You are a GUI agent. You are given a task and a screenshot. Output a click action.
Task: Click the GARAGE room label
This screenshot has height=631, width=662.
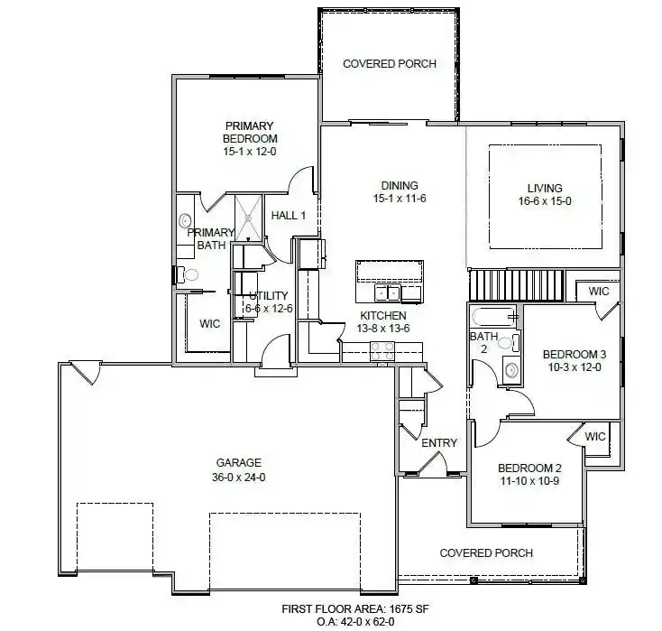(x=238, y=463)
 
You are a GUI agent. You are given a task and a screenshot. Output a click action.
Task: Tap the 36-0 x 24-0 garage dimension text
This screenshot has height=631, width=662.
(x=238, y=478)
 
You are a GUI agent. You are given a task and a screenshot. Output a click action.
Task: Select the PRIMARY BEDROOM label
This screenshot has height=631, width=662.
(x=250, y=133)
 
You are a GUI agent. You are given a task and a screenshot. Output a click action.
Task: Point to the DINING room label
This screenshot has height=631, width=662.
(x=400, y=186)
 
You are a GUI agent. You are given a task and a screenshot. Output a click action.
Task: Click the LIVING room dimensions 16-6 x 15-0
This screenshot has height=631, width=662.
(x=545, y=201)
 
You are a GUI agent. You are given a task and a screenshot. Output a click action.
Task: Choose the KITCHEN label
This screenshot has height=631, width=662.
(x=383, y=316)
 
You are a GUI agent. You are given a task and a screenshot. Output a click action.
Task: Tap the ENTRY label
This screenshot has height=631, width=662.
(x=439, y=443)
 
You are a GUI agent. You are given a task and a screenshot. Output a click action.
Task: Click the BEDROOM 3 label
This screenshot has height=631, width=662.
(x=575, y=354)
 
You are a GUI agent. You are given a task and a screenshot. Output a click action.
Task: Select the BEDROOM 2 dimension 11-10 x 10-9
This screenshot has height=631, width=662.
(x=529, y=481)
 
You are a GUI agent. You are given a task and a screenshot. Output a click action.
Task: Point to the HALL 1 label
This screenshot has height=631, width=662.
(x=289, y=216)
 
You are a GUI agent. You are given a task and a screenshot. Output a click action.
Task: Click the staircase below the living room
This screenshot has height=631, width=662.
(x=518, y=284)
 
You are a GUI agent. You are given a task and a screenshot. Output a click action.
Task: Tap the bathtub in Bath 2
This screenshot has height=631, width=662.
(x=493, y=316)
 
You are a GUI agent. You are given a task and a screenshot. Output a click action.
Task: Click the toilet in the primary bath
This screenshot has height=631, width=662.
(x=188, y=274)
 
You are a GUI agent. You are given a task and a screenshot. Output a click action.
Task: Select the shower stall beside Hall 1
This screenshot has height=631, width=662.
(x=248, y=218)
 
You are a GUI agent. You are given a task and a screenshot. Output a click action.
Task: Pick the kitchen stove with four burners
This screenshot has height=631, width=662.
(x=382, y=352)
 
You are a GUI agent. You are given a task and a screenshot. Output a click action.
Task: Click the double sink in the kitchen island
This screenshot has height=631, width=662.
(x=388, y=292)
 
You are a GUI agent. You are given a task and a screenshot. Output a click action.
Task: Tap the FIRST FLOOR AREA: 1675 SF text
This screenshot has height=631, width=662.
(x=355, y=609)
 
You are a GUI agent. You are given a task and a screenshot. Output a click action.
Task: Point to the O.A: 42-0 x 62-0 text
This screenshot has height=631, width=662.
(x=355, y=622)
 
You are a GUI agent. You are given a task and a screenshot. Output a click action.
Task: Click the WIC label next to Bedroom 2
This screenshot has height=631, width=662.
(x=595, y=437)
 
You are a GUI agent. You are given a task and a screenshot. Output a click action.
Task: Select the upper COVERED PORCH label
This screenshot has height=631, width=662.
(x=390, y=64)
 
